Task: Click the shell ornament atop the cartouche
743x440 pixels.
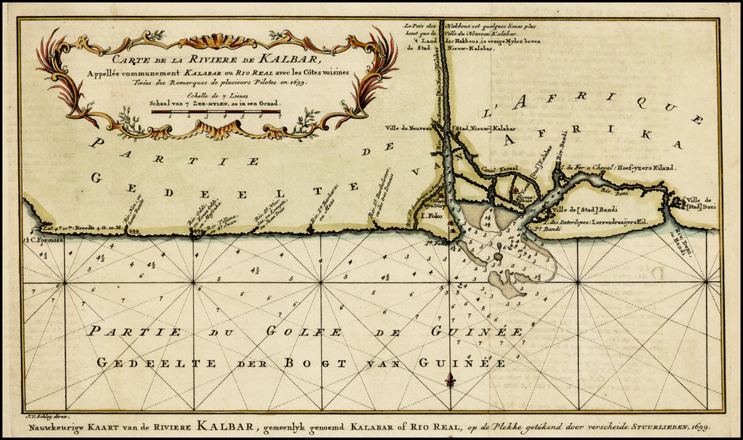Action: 217,41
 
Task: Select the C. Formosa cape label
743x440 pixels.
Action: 42,240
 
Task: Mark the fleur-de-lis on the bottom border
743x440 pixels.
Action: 450,380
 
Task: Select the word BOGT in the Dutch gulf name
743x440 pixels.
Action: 311,362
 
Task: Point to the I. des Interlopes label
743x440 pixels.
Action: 602,221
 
